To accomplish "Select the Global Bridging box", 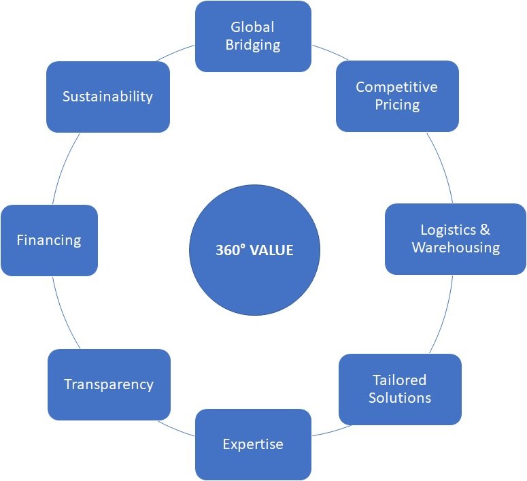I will [252, 36].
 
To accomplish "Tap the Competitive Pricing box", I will [397, 96].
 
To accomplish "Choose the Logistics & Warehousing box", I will [455, 239].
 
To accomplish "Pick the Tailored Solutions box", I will [400, 388].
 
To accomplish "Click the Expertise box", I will [252, 444].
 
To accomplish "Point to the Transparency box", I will [108, 384].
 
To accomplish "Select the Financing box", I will [49, 240].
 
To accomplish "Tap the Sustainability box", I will [107, 97].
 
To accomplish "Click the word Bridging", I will [252, 46].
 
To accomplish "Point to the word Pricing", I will [397, 105].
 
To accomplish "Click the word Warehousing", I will [456, 248].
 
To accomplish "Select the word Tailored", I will [399, 380].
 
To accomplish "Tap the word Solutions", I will [400, 397].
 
